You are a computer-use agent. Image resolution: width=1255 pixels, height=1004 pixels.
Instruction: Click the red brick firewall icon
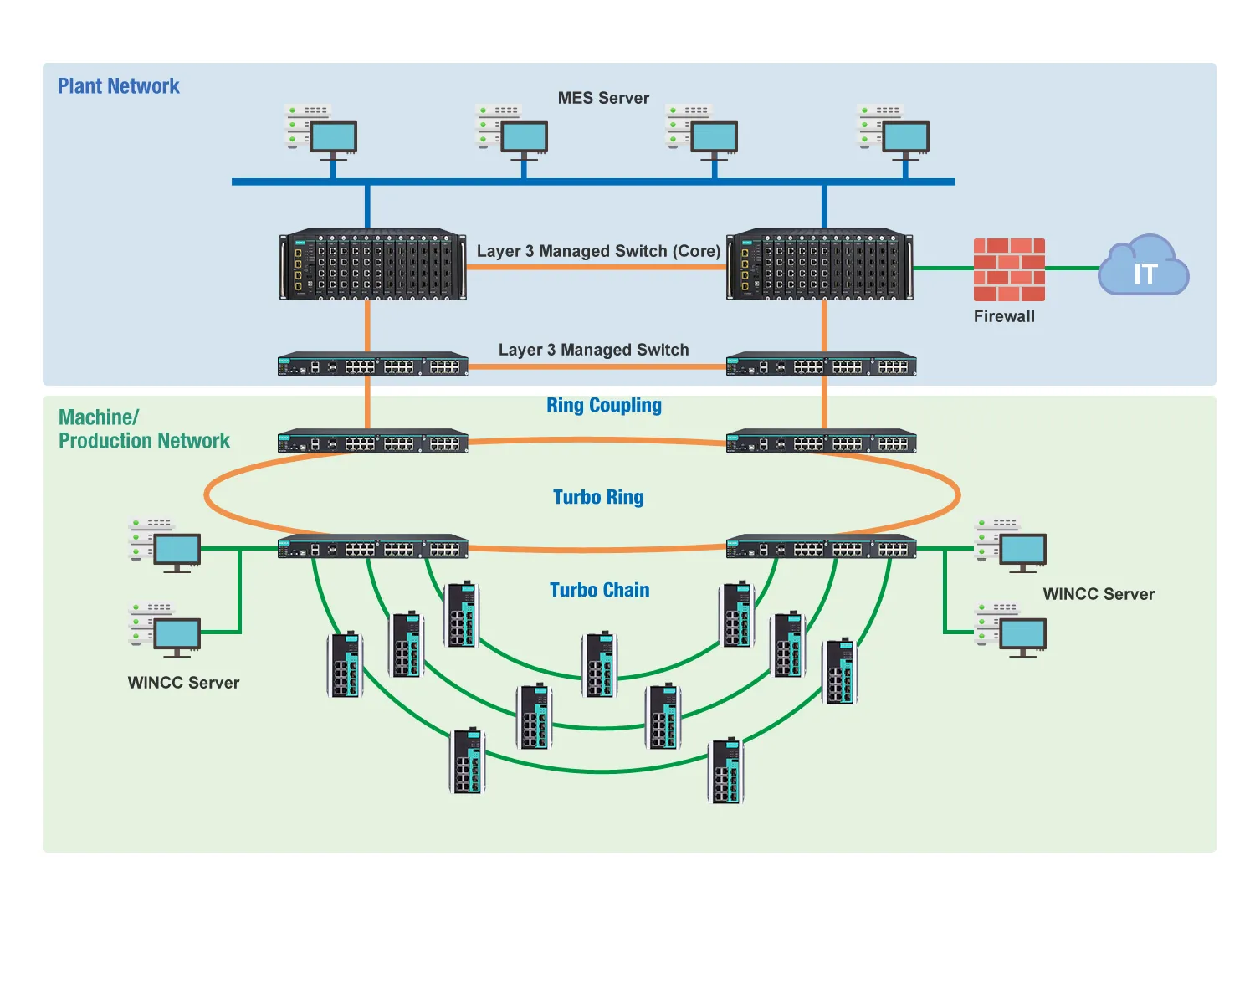tap(1009, 269)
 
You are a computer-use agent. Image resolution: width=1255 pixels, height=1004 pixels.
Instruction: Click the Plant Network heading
tap(119, 86)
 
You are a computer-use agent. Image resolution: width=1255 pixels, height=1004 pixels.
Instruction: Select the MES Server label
tap(603, 98)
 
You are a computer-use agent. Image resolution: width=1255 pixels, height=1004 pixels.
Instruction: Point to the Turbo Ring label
tap(598, 497)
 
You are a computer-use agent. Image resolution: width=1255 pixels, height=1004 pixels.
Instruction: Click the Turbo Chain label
tap(599, 590)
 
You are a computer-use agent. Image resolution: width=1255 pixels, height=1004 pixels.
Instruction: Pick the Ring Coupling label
tap(604, 406)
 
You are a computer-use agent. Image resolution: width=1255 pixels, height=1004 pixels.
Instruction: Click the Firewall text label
tap(1004, 316)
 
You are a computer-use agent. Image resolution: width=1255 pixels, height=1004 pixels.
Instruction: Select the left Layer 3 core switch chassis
tap(372, 264)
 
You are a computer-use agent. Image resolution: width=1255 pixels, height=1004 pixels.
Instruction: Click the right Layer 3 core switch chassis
tap(820, 264)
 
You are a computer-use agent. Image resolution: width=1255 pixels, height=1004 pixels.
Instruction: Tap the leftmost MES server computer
tap(322, 130)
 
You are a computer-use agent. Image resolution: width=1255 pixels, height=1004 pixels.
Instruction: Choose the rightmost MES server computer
tap(894, 130)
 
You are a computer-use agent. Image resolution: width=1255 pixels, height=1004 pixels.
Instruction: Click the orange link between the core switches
tap(596, 268)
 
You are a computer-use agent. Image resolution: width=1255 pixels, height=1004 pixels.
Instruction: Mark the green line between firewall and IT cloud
tap(1072, 269)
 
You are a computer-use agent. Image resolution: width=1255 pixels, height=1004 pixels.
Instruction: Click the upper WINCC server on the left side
tap(165, 544)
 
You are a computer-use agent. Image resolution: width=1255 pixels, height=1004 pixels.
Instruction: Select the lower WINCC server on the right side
tap(1012, 628)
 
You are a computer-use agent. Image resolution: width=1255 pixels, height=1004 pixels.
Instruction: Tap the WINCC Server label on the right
tap(1099, 594)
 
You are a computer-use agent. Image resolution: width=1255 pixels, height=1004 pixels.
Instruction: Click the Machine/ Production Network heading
tap(143, 429)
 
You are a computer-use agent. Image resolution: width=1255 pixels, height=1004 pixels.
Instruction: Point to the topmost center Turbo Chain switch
tap(600, 665)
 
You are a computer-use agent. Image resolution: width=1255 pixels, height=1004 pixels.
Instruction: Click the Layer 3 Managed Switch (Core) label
tap(598, 251)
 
